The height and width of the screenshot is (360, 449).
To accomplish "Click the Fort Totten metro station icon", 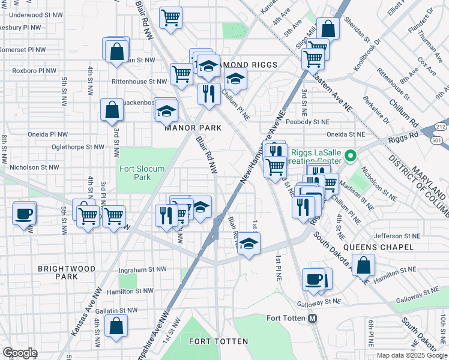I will tap(312, 319).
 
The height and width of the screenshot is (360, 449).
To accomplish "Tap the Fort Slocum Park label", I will tap(142, 173).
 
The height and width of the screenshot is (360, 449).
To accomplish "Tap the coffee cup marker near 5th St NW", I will tap(24, 214).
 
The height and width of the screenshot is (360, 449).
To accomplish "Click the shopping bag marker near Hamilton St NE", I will tap(363, 265).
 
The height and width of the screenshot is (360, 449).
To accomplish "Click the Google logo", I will tap(20, 353).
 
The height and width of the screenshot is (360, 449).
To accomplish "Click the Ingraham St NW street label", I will tap(142, 269).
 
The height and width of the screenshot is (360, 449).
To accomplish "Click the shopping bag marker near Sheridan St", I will tap(328, 28).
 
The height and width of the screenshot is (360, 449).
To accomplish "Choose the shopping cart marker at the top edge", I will tap(171, 17).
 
